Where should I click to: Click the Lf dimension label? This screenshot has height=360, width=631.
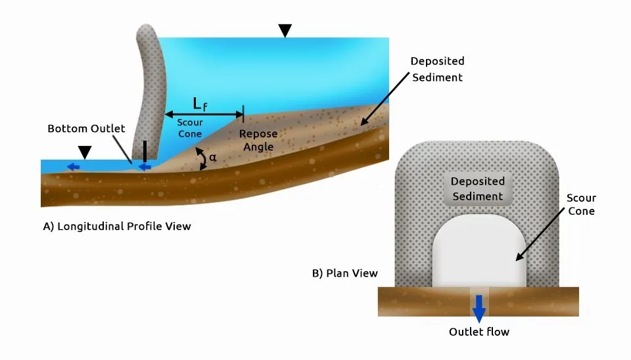coord(200,104)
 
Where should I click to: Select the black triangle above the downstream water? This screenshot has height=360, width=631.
coord(85,152)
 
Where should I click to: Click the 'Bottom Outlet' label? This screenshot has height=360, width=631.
coord(86,129)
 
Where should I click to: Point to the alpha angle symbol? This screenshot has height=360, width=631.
coord(212,158)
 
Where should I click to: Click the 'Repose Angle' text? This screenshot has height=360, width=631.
coord(258,140)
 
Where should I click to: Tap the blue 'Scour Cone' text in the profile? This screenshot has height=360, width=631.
coord(190,128)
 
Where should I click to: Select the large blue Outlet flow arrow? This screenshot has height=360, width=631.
coord(479,309)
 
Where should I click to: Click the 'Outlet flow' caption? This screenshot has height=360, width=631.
coord(479,332)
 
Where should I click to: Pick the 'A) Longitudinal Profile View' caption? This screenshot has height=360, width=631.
coord(117,227)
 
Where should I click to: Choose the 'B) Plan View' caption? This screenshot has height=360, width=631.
coord(345,273)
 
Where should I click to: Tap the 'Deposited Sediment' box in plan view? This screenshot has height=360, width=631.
coord(478,189)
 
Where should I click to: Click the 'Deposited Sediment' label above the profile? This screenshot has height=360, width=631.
coord(438,69)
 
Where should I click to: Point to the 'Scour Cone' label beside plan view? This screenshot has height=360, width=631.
coord(581,204)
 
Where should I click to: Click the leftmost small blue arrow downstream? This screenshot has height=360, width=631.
coord(73,167)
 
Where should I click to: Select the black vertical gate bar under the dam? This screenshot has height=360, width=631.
coord(145,152)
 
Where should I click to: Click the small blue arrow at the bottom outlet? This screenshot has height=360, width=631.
coord(145,167)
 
